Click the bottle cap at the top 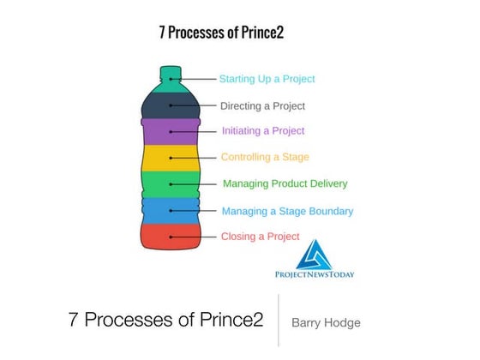pyautogui.click(x=171, y=71)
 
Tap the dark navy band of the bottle pyautogui.click(x=171, y=105)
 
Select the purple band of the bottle pyautogui.click(x=171, y=131)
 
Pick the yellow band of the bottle pyautogui.click(x=171, y=158)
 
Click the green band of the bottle pyautogui.click(x=171, y=183)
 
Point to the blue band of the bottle pyautogui.click(x=171, y=210)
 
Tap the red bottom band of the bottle pyautogui.click(x=171, y=236)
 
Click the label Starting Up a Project pyautogui.click(x=267, y=79)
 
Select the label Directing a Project pyautogui.click(x=262, y=106)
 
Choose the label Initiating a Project pyautogui.click(x=263, y=131)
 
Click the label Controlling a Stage pyautogui.click(x=265, y=157)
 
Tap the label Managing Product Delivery pyautogui.click(x=285, y=183)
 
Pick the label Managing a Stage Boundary pyautogui.click(x=287, y=211)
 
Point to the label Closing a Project pyautogui.click(x=261, y=237)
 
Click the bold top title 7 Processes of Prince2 pyautogui.click(x=221, y=33)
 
